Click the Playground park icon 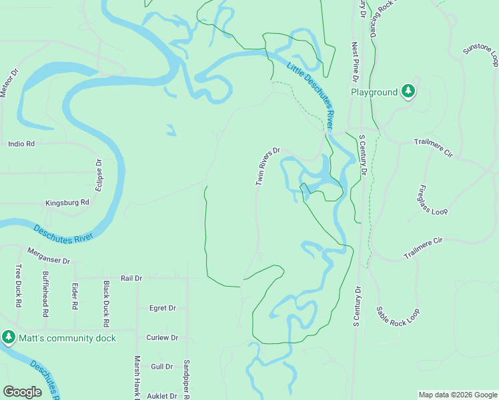point(408,92)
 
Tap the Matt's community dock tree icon point(9,337)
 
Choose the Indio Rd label point(21,143)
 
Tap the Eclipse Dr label point(99,175)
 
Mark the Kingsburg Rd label point(67,203)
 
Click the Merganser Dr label point(48,256)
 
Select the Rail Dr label point(131,278)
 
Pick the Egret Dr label point(163,308)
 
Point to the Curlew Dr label point(162,338)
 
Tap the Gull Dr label point(162,367)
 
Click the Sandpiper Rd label point(186,377)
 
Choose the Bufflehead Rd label point(45,293)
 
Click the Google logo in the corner point(23,392)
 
